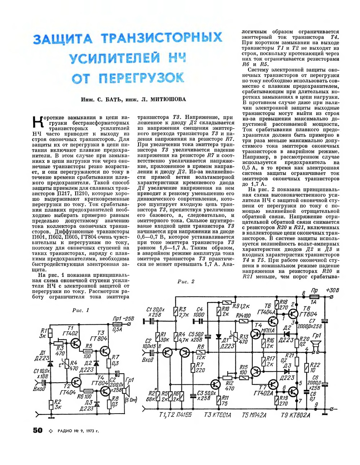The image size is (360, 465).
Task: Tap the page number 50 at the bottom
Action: [38, 430]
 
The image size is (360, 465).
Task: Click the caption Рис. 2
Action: [186, 282]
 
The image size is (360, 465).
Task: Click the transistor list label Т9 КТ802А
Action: [295, 415]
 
